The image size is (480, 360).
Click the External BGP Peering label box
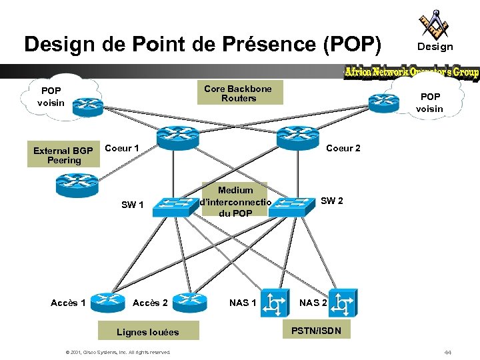pyautogui.click(x=64, y=155)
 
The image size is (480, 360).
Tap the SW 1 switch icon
pyautogui.click(x=171, y=208)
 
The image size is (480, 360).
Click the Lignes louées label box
pyautogui.click(x=147, y=331)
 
